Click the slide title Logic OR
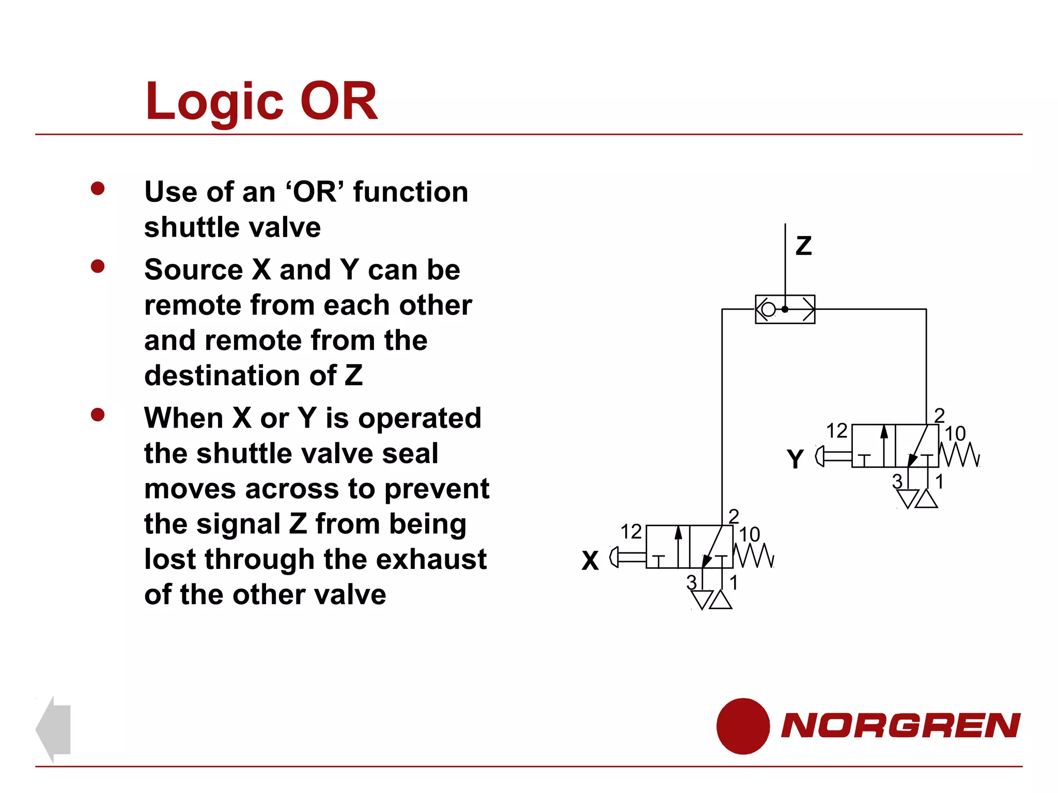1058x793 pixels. tap(261, 102)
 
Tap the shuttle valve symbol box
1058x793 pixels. tap(785, 309)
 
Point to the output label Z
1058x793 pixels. tap(803, 246)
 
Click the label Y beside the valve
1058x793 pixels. tap(795, 458)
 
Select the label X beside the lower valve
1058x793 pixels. tap(590, 560)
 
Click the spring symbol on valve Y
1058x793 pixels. tap(959, 455)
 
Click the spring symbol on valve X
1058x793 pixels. tap(754, 556)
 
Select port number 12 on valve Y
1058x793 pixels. tap(836, 431)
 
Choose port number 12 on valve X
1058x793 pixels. tap(631, 531)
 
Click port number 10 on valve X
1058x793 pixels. tap(749, 534)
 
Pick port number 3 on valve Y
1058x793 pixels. tap(897, 481)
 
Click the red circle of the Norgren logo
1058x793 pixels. tap(743, 726)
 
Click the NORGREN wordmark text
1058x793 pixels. tap(900, 725)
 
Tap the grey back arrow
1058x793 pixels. tap(54, 729)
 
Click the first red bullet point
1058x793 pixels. tap(98, 188)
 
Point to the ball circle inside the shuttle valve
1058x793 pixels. tap(768, 309)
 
